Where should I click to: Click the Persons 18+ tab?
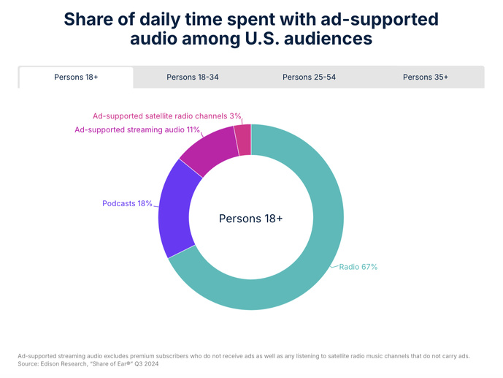76,77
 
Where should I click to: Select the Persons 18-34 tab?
192,77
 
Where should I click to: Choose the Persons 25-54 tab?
309,77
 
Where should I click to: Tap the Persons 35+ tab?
426,77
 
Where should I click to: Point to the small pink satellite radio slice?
243,140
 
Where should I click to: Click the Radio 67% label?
358,267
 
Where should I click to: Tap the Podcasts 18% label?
127,203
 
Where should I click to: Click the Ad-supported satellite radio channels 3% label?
166,116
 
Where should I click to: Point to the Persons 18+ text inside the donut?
250,219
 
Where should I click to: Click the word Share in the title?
91,18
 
